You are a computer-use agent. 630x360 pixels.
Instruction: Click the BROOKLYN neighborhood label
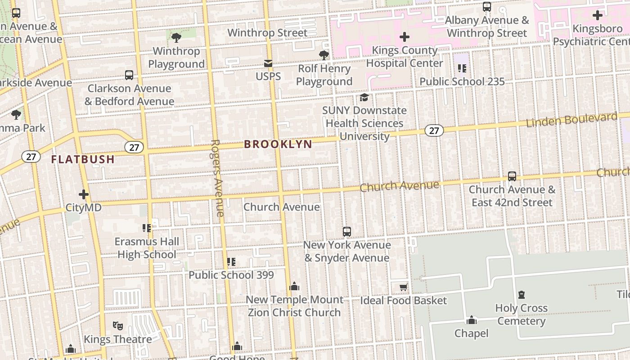tap(278, 144)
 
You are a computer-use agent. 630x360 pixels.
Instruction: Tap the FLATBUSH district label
tap(83, 159)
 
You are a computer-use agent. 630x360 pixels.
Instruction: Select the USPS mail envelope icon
tap(268, 63)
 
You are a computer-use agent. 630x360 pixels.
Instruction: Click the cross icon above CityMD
tap(84, 194)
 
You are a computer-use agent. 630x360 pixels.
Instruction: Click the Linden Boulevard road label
tap(571, 120)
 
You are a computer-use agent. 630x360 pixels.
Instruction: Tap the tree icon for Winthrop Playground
tap(176, 37)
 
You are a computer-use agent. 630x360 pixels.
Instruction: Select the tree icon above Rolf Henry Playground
tap(324, 55)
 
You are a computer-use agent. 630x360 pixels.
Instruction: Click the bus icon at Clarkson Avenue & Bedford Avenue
tap(129, 75)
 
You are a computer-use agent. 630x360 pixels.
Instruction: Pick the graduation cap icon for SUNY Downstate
tap(364, 97)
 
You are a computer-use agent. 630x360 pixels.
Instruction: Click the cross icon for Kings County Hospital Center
tap(405, 37)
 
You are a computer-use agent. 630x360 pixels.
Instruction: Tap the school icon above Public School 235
tap(462, 68)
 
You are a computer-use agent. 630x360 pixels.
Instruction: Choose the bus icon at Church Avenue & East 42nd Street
tap(512, 176)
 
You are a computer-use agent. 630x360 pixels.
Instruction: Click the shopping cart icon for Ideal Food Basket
tap(403, 287)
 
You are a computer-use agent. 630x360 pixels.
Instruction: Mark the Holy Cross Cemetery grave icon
tap(522, 295)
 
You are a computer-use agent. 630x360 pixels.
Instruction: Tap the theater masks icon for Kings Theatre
tap(118, 325)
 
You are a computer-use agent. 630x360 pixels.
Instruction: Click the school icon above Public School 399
tap(231, 261)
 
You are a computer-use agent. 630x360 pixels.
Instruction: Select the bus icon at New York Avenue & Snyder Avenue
tap(346, 232)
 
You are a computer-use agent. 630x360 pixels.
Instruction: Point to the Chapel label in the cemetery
tap(471, 333)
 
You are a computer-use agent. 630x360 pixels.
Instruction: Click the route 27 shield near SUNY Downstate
tap(434, 130)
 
